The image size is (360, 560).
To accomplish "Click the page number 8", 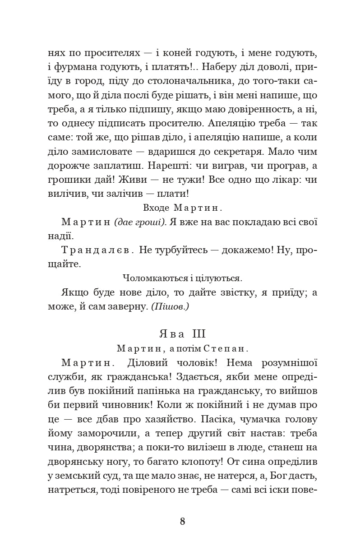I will pos(182,522).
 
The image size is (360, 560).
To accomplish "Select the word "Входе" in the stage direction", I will pos(156,208).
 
